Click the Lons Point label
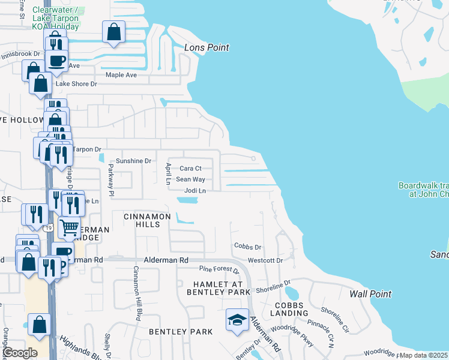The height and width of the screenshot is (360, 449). point(206,47)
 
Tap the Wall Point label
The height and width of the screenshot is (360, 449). point(370,294)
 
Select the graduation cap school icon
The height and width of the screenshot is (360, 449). point(237,319)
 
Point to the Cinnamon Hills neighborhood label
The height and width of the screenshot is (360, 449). point(147,220)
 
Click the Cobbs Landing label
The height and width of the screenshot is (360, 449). point(291,309)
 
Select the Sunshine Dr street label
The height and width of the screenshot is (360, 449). point(134,161)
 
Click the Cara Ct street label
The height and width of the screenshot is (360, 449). point(190,169)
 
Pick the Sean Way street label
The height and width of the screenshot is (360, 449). point(190,179)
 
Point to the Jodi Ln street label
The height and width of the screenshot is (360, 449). point(195,190)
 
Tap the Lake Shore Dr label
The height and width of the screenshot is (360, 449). point(76,84)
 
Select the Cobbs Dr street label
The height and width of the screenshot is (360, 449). point(248,247)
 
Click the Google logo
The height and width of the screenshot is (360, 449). point(20,353)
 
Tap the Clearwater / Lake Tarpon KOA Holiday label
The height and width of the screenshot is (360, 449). point(55,18)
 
